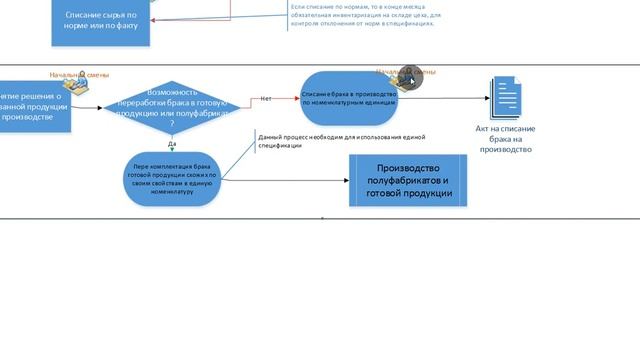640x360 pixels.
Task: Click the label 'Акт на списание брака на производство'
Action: point(505,139)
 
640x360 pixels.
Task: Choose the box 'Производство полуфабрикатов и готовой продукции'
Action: point(408,180)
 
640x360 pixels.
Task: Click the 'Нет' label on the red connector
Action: point(266,99)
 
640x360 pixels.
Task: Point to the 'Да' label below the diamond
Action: point(172,144)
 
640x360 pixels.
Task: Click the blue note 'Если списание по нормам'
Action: point(366,14)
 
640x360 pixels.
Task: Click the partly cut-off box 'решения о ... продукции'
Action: point(35,107)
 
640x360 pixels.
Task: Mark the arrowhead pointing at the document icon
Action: point(487,98)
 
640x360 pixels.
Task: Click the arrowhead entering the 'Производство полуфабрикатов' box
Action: point(345,181)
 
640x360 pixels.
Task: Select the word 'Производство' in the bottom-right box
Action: point(408,167)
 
